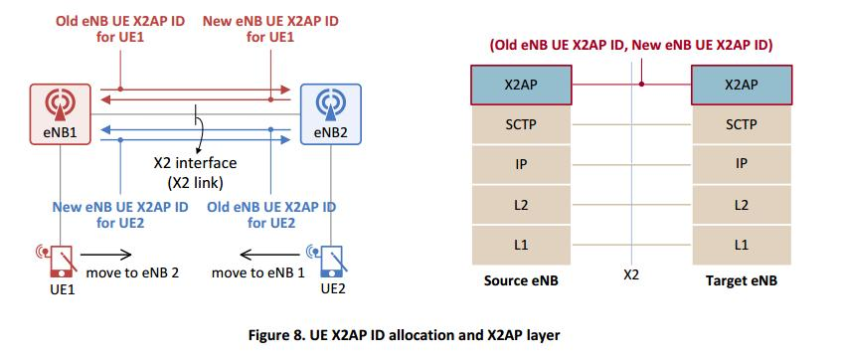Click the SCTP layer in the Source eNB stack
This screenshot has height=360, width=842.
[521, 125]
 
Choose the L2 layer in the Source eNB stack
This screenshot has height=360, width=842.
[521, 205]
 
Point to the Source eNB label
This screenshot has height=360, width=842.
[521, 281]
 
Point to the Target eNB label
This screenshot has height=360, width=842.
[742, 281]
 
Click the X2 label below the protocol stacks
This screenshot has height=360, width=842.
[631, 274]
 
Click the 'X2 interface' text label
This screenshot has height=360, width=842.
[195, 163]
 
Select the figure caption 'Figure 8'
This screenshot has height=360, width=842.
[421, 335]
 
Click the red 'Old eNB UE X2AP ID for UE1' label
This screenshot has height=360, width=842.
[117, 28]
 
